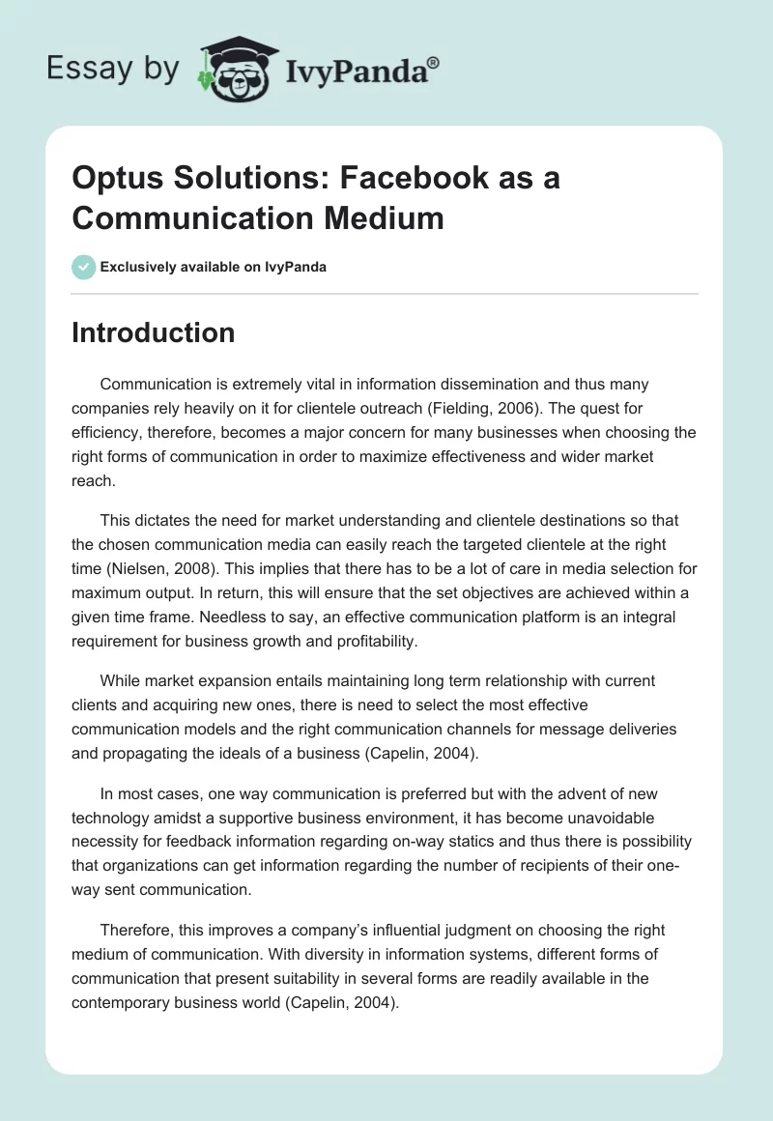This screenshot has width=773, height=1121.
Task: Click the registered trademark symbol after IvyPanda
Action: point(434,62)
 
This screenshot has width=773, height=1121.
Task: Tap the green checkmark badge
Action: point(84,267)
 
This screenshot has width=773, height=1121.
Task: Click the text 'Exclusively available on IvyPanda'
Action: point(214,267)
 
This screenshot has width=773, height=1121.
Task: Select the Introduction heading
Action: point(153,332)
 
